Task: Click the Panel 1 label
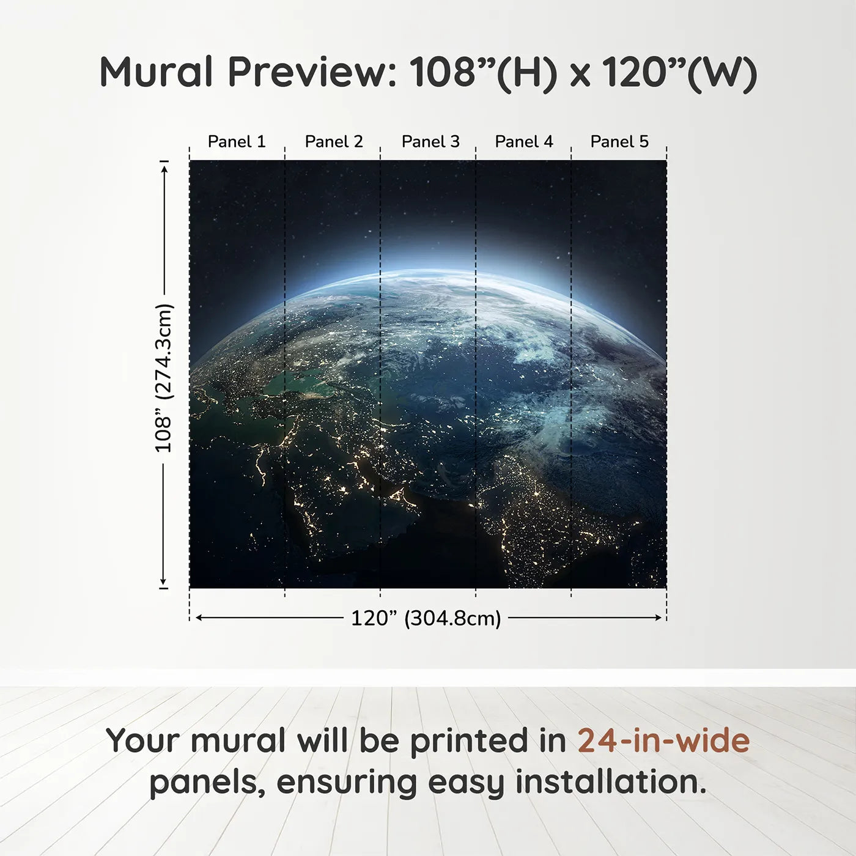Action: [237, 141]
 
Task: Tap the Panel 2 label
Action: [334, 141]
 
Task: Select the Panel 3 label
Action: [430, 141]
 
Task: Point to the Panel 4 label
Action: [524, 141]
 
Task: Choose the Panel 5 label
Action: [619, 141]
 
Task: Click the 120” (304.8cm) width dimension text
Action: [426, 618]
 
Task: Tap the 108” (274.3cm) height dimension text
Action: [163, 378]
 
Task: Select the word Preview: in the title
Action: [312, 72]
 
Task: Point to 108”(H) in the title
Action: [483, 72]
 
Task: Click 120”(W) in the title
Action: [679, 72]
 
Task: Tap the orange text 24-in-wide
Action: [663, 740]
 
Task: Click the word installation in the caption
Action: [609, 782]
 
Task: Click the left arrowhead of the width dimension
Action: [198, 618]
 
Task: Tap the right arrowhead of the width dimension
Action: [659, 618]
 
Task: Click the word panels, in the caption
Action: [207, 782]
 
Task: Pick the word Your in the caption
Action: [142, 740]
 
